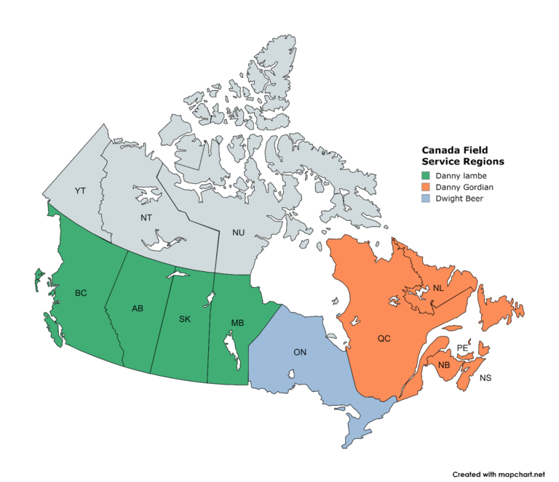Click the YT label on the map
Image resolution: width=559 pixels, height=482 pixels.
point(81,190)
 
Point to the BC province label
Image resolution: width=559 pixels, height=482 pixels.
point(81,294)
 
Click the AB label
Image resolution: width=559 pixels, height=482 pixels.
point(138,308)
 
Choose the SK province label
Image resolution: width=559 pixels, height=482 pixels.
point(185,318)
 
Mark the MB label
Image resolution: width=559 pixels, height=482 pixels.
point(237,322)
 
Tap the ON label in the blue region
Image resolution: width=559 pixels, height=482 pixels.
point(299,352)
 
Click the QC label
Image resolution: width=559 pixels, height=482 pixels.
point(384,338)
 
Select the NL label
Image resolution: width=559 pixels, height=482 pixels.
point(438,288)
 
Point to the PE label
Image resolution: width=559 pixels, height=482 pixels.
point(462,348)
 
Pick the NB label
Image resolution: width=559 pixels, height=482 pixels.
point(444,364)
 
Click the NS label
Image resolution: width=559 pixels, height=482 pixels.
point(485,378)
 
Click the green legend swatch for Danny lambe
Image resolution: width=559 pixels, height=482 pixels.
point(426,176)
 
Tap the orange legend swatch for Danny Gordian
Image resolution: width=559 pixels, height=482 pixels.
point(426,187)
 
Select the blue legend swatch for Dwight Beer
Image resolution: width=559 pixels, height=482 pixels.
point(426,198)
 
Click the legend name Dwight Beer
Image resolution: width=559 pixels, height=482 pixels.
point(460,198)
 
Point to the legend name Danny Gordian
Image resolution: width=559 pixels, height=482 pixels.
point(465,187)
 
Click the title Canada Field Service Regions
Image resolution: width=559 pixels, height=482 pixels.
point(463,155)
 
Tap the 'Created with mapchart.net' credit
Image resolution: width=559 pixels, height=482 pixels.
point(499,474)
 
